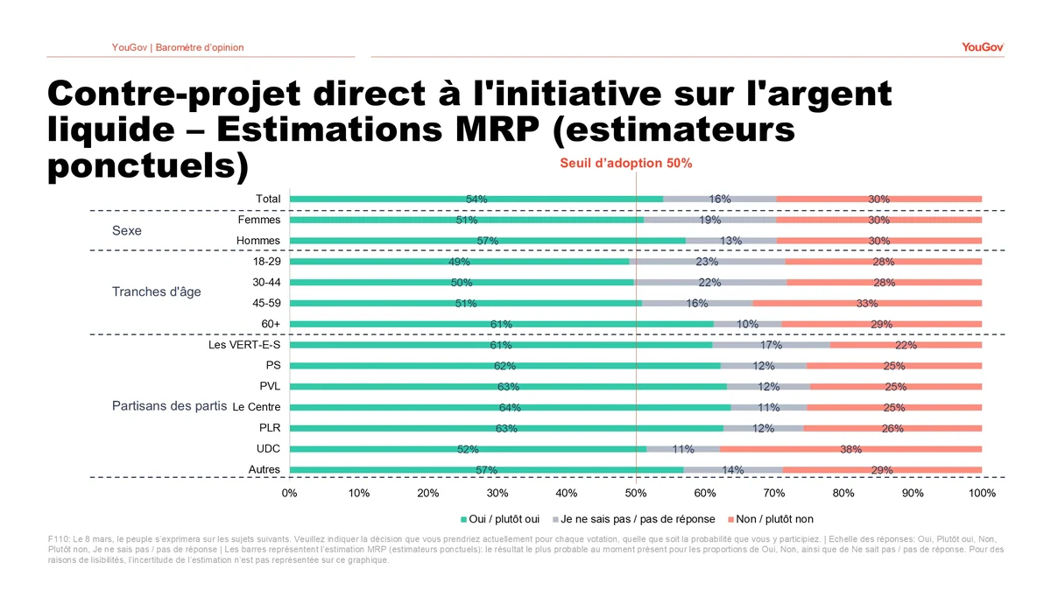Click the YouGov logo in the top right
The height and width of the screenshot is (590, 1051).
(x=982, y=47)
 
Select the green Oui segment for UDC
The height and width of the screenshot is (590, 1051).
(x=377, y=449)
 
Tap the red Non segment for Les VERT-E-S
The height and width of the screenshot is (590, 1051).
(x=906, y=345)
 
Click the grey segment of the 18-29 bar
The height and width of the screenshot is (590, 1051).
(x=707, y=262)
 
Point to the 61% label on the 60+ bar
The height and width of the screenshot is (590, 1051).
(x=501, y=324)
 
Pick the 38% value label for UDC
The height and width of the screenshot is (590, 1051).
(x=850, y=449)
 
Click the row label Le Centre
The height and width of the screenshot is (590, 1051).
(x=257, y=407)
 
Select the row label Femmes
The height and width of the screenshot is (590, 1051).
(x=259, y=220)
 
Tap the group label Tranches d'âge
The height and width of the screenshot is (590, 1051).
(x=156, y=291)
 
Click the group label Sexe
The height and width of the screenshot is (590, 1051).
(x=126, y=231)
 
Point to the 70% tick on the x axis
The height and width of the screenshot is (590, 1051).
(x=774, y=493)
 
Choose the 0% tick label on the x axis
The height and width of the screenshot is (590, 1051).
(x=290, y=493)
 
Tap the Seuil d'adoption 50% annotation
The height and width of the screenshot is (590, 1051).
(x=626, y=163)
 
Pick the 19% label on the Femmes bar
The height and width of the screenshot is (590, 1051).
(x=710, y=220)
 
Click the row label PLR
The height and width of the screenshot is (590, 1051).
(x=270, y=428)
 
